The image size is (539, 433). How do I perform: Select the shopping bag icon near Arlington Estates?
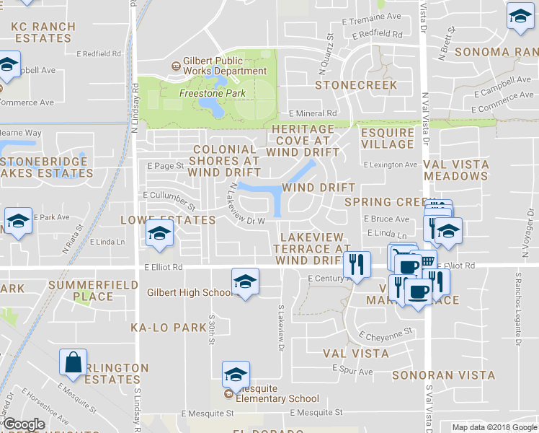pos(73,362)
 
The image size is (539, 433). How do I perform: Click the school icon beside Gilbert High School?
pos(245,281)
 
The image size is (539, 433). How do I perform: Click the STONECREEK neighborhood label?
pos(356,85)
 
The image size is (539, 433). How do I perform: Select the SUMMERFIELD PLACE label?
pos(81,291)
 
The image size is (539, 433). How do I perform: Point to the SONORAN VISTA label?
pos(443,375)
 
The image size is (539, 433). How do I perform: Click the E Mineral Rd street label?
pos(313,113)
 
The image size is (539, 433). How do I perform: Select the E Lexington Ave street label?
pos(391,165)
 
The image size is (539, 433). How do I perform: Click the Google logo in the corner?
pos(23,424)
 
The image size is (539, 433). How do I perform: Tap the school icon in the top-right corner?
pos(520,17)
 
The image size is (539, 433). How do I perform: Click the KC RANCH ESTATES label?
pos(43,32)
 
